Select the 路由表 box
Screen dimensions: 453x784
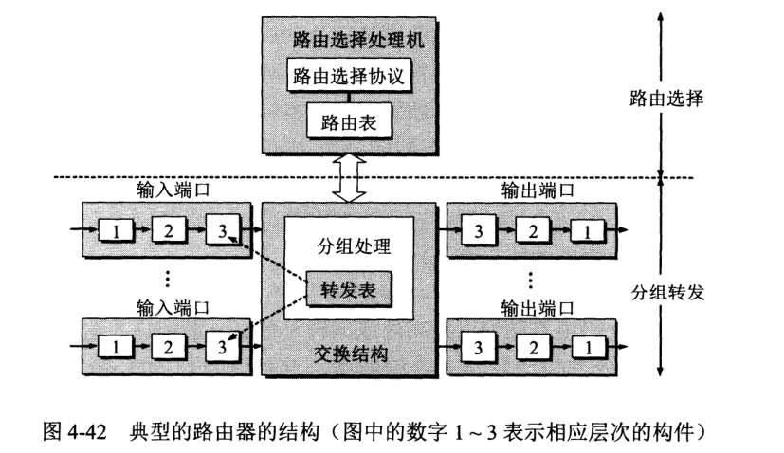click(348, 121)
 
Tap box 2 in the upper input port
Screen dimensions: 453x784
click(168, 230)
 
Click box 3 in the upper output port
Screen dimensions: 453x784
click(481, 230)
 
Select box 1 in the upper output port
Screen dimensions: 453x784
click(590, 230)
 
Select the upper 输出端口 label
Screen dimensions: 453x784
click(536, 193)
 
